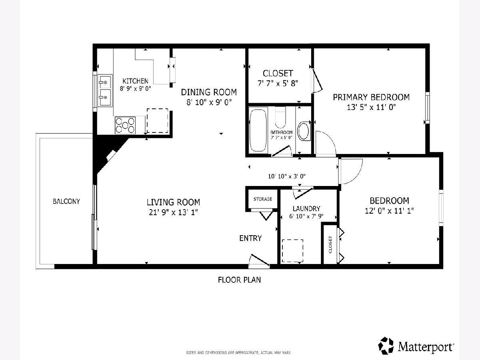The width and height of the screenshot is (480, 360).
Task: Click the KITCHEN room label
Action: pyautogui.click(x=135, y=81)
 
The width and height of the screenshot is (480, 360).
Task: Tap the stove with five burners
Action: pyautogui.click(x=125, y=125)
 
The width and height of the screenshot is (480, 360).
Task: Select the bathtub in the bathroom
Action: pyautogui.click(x=258, y=130)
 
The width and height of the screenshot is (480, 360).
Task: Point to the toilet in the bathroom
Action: pyautogui.click(x=304, y=131)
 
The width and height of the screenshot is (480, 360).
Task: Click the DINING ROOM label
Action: pyautogui.click(x=209, y=92)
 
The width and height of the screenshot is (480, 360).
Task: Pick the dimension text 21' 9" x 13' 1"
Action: pyautogui.click(x=174, y=212)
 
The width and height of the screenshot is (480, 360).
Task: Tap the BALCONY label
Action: pyautogui.click(x=66, y=201)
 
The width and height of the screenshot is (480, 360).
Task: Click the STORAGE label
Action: pyautogui.click(x=263, y=199)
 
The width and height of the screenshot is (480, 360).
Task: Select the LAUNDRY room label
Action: pyautogui.click(x=306, y=208)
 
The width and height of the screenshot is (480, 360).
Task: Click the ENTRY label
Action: pyautogui.click(x=250, y=238)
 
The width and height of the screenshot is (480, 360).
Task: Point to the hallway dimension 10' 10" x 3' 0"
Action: pyautogui.click(x=287, y=176)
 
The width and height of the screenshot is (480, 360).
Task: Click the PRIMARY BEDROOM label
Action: pyautogui.click(x=371, y=97)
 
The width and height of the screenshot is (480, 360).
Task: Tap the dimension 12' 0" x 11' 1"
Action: pyautogui.click(x=389, y=211)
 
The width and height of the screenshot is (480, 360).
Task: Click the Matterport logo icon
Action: pyautogui.click(x=386, y=346)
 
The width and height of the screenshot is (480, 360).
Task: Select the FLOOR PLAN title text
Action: pyautogui.click(x=240, y=280)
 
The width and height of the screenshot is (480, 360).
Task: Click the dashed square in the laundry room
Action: pyautogui.click(x=292, y=251)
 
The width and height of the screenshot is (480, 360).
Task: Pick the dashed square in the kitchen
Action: pyautogui.click(x=157, y=120)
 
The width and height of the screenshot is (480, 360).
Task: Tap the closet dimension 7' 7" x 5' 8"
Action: pyautogui.click(x=278, y=83)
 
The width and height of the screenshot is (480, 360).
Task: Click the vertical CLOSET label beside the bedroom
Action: pyautogui.click(x=330, y=244)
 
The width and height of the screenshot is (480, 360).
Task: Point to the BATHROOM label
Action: pyautogui.click(x=282, y=132)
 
